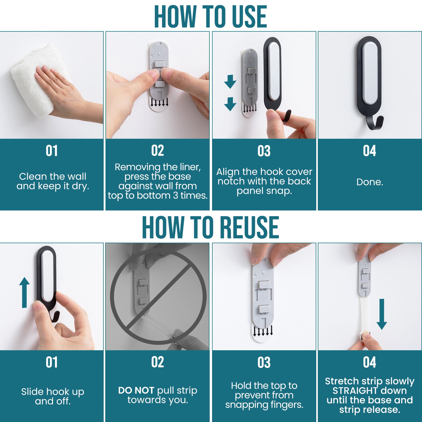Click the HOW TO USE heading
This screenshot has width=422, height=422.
click(x=210, y=16)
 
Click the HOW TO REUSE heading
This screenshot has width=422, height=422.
click(x=210, y=227)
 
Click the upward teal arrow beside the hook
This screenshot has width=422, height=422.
click(x=24, y=292)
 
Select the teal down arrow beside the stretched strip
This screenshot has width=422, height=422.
click(x=382, y=314)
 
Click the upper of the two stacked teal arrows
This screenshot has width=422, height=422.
click(x=230, y=81)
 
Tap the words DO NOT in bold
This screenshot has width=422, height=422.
click(x=136, y=390)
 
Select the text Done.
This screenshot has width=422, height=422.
click(x=370, y=182)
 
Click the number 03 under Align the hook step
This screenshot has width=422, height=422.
click(x=264, y=151)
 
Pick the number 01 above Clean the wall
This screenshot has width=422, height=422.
click(x=52, y=151)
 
